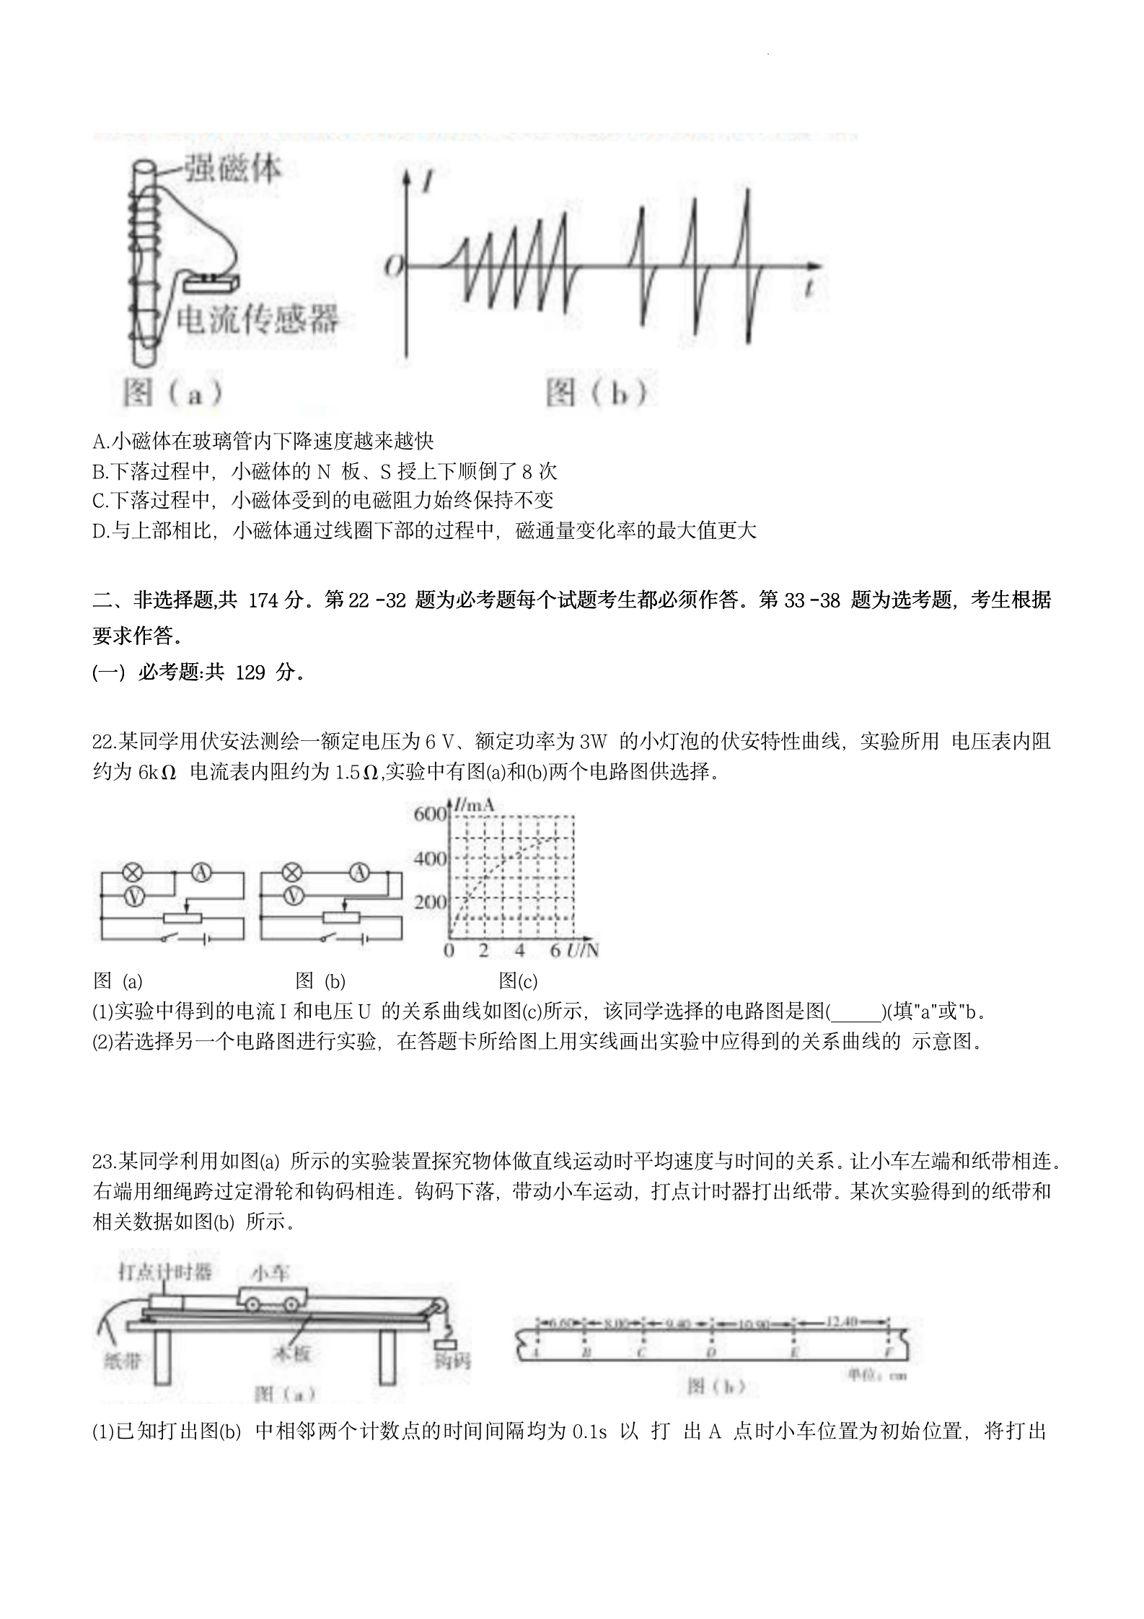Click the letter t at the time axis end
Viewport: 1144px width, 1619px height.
click(810, 289)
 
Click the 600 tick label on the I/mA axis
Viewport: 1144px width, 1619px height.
click(430, 815)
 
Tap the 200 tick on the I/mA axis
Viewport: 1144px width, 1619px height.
click(430, 903)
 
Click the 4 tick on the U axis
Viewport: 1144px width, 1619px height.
click(519, 950)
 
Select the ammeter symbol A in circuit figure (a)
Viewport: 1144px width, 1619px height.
click(201, 872)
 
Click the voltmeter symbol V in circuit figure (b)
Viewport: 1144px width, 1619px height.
click(293, 895)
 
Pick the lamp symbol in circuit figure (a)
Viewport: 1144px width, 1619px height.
click(132, 872)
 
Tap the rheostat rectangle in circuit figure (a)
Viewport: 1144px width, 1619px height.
click(184, 918)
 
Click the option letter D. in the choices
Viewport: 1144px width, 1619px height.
click(101, 532)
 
